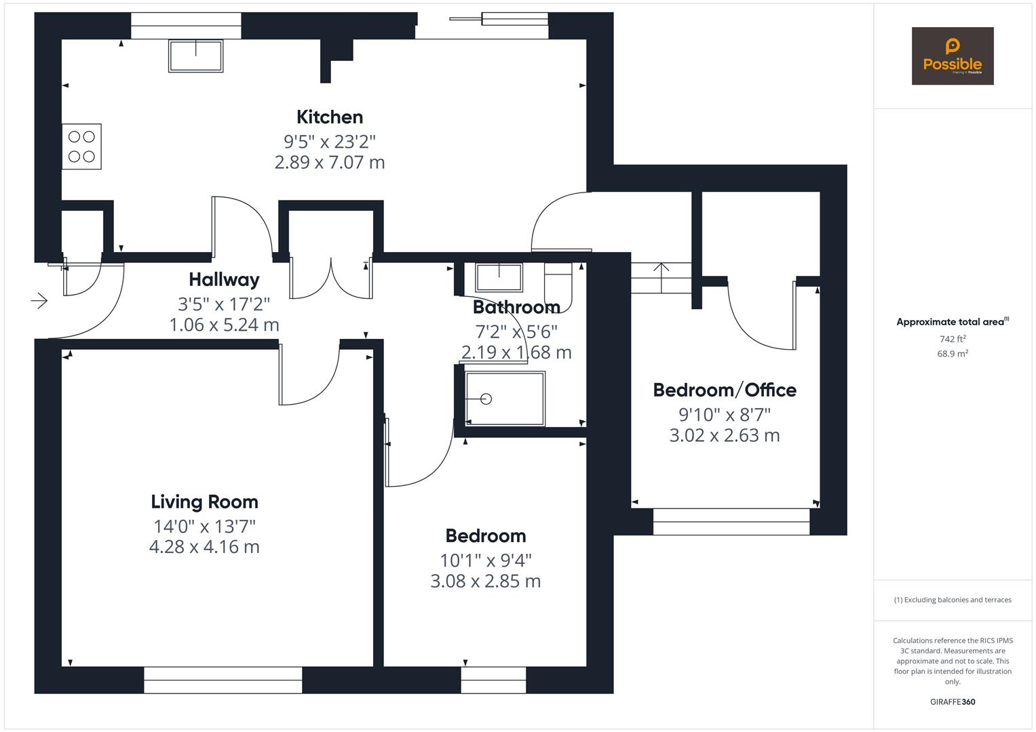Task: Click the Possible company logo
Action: pos(952,56)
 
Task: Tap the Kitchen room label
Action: pos(330,117)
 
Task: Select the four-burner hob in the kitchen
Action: pos(81,146)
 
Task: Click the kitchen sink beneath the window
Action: pos(195,55)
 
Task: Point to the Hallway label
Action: pos(224,279)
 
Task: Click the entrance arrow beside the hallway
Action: pos(39,300)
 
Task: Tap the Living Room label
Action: pos(204,502)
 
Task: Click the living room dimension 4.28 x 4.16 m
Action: pos(204,547)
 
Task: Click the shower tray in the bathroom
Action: pos(505,399)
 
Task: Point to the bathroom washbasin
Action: pos(499,278)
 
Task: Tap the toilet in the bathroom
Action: pos(559,285)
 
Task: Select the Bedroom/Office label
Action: pos(725,390)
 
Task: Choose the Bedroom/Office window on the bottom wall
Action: pos(731,521)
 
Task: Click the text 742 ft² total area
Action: pos(953,339)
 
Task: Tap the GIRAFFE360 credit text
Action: pos(953,702)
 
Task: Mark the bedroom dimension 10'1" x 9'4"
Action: pos(486,561)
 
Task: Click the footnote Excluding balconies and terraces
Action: pos(953,600)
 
